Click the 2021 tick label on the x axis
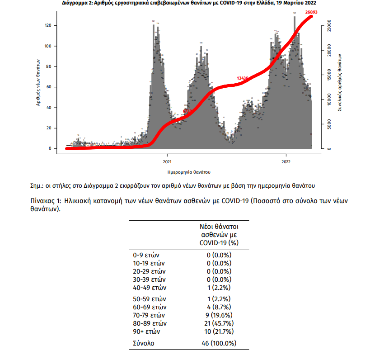(167, 161)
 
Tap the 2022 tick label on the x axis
(286, 161)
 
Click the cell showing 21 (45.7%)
(219, 323)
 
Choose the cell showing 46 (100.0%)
(219, 343)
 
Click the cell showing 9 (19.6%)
(219, 315)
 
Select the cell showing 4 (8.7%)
(219, 307)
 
